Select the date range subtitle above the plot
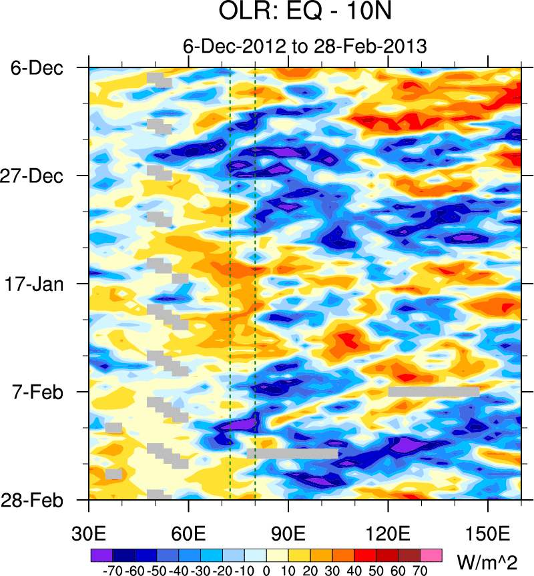coord(304,46)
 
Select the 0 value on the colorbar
coord(266,571)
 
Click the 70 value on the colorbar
coord(421,571)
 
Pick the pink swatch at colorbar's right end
coord(431,555)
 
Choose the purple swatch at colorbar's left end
coord(101,555)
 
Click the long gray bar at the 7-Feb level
coord(434,392)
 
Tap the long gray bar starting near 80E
coord(292,454)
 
